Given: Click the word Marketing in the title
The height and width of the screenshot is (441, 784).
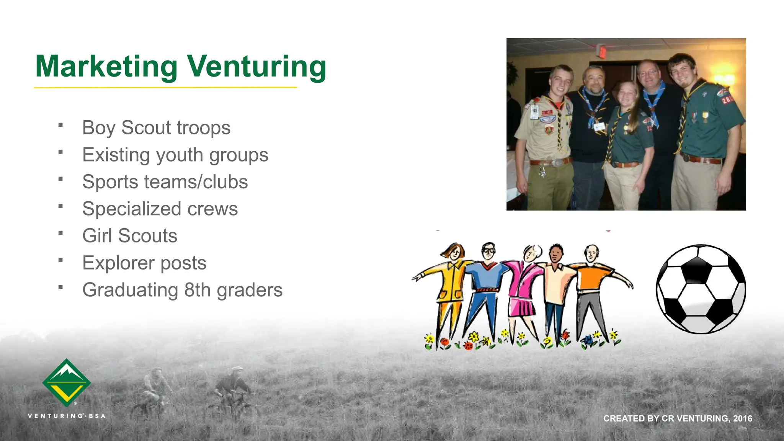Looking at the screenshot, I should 106,67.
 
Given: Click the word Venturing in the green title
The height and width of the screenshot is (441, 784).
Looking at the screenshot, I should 256,67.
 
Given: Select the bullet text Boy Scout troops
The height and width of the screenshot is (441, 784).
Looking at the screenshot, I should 156,128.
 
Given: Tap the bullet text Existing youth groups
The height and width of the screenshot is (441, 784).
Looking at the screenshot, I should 175,155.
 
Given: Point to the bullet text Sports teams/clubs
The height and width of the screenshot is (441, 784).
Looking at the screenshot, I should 165,182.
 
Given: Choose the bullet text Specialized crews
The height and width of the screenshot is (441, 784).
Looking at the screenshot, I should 160,209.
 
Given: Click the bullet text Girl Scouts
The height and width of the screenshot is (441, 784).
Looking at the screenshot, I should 130,236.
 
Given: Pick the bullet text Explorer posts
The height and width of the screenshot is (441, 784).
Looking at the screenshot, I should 144,263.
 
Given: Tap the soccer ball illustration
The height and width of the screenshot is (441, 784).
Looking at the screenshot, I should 701,289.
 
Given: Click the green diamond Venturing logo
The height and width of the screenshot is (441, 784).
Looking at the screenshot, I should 67,382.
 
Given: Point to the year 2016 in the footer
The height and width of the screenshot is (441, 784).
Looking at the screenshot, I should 743,418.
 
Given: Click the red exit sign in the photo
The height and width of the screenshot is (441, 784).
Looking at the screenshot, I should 602,51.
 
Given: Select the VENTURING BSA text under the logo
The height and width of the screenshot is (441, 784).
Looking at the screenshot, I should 67,416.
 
